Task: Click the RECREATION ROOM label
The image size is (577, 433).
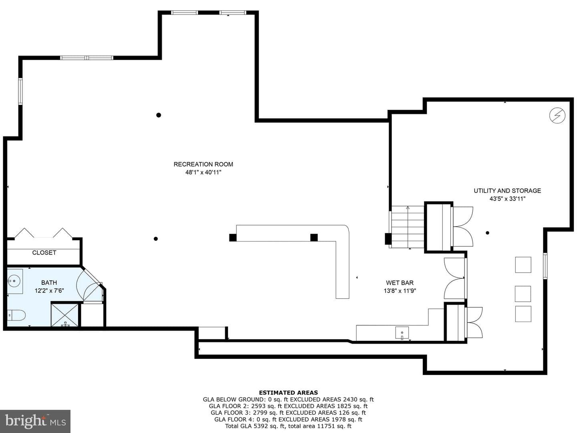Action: click(x=203, y=164)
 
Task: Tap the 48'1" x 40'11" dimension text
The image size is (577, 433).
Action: click(x=203, y=172)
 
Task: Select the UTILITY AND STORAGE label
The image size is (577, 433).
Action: click(x=507, y=191)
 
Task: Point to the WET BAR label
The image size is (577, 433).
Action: click(x=399, y=283)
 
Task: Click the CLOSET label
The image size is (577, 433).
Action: click(x=44, y=252)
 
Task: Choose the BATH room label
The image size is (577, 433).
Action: click(x=49, y=282)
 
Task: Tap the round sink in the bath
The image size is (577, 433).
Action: click(x=14, y=281)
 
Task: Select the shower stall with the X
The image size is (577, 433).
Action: click(x=65, y=315)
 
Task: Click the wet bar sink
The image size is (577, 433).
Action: click(x=402, y=333)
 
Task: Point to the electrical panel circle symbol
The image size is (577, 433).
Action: click(x=557, y=115)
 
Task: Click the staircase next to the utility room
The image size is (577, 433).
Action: click(x=408, y=227)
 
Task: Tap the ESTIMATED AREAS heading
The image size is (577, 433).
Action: click(x=288, y=393)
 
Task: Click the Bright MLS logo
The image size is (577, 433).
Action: click(x=35, y=421)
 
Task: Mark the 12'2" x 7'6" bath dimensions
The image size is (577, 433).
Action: click(x=49, y=290)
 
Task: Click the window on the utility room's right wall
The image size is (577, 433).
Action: click(x=545, y=266)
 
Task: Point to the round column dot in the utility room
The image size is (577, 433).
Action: click(x=487, y=233)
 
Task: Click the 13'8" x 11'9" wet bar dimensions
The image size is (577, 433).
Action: click(x=400, y=291)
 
